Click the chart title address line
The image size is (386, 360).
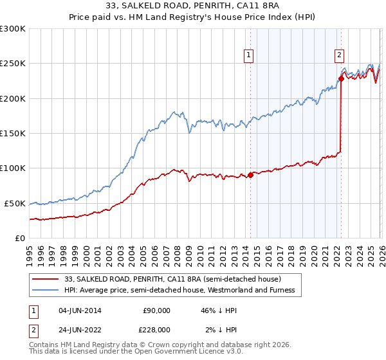point(193,7)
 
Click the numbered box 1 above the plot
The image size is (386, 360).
point(249,56)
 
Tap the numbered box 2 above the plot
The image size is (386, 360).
point(339,56)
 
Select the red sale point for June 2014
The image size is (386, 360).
point(250,175)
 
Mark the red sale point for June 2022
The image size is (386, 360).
point(341,79)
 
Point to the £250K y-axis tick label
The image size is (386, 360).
point(13,64)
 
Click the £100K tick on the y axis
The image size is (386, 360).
point(13,168)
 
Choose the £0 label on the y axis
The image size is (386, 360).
point(19,238)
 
